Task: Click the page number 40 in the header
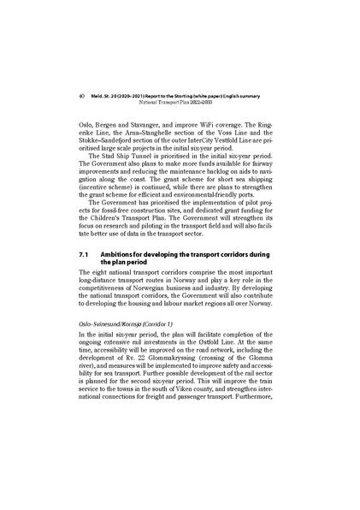click(x=69, y=96)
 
